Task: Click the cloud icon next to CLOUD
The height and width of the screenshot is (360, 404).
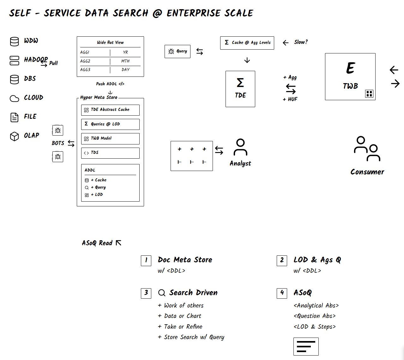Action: click(x=15, y=99)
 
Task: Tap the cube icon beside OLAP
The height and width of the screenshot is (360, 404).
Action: click(x=15, y=136)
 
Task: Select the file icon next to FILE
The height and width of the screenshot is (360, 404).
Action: click(x=15, y=117)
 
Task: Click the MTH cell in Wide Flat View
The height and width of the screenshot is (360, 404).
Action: click(x=125, y=61)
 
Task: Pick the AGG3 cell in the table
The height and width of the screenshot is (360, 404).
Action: click(x=85, y=70)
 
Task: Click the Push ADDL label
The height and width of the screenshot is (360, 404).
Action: click(x=110, y=84)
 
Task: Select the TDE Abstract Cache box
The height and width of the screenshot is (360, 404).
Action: click(x=110, y=110)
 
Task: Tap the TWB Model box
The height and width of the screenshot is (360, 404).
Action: click(x=110, y=138)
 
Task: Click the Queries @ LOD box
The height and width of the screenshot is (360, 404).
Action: click(x=110, y=124)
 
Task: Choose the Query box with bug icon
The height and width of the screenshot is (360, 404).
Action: click(x=178, y=51)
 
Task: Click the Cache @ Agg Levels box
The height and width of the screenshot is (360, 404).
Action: click(x=247, y=43)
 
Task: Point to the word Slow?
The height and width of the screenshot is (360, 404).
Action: click(x=301, y=42)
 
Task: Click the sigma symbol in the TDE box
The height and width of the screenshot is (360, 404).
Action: click(x=240, y=83)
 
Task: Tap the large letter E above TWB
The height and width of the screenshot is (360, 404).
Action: click(x=350, y=68)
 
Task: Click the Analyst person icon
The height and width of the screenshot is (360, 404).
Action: click(x=240, y=147)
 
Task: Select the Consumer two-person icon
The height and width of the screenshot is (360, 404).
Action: click(x=367, y=149)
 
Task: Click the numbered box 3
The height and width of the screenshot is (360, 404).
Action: click(x=146, y=293)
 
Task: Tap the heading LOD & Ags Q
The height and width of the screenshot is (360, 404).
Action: click(x=317, y=260)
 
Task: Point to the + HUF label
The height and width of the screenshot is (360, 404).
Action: click(x=290, y=99)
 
